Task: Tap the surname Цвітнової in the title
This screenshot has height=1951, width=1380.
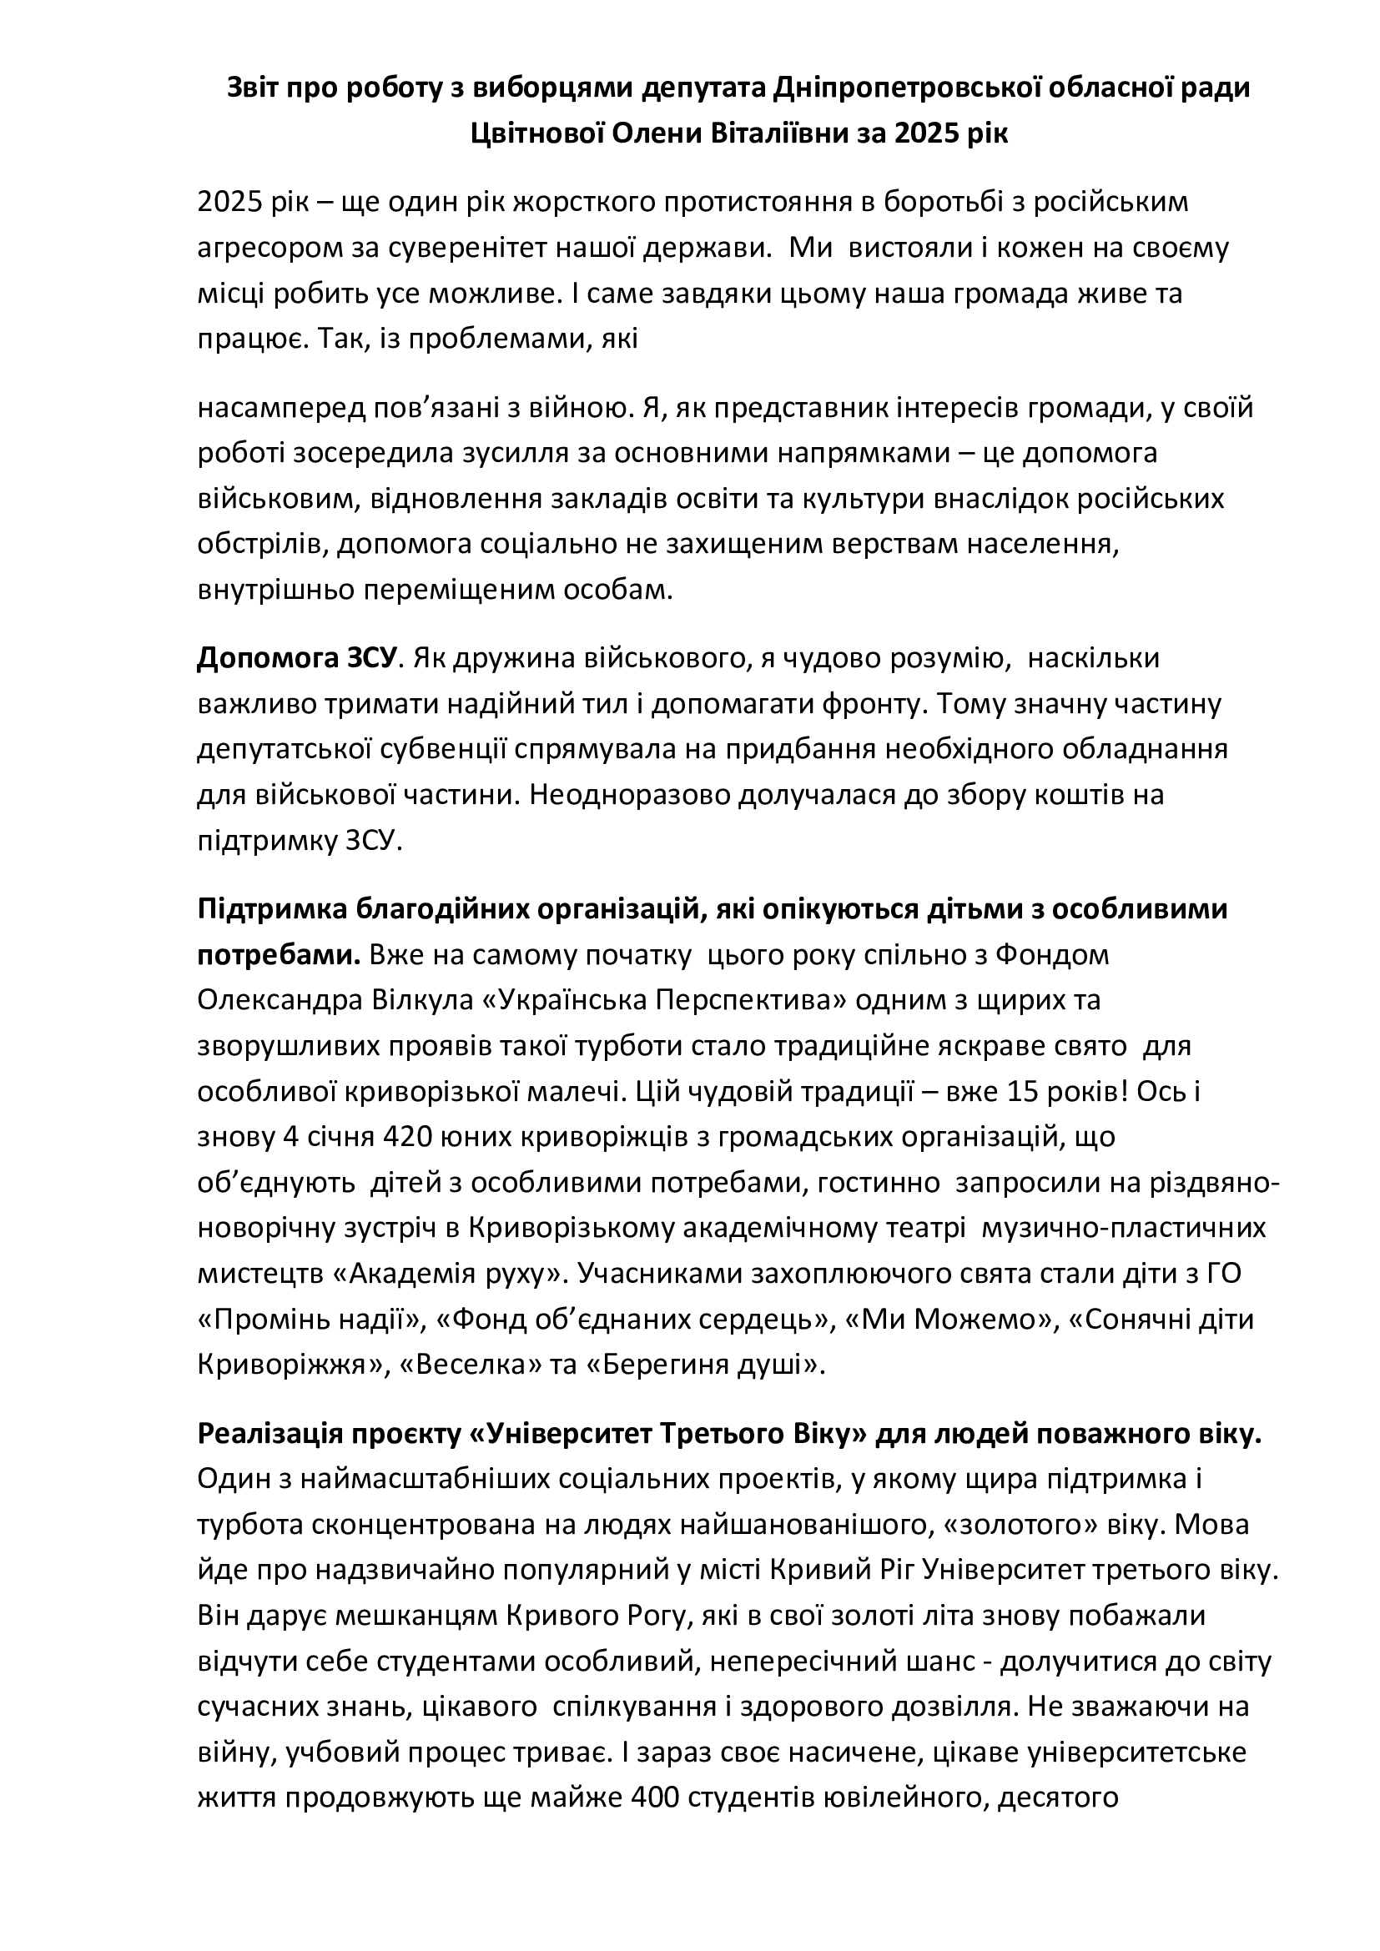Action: click(x=541, y=133)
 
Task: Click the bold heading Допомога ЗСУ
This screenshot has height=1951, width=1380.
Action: click(x=297, y=657)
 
